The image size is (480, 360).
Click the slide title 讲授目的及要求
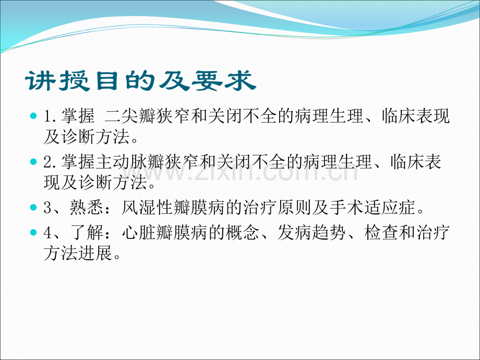[140, 82]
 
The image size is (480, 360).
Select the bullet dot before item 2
[34, 161]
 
